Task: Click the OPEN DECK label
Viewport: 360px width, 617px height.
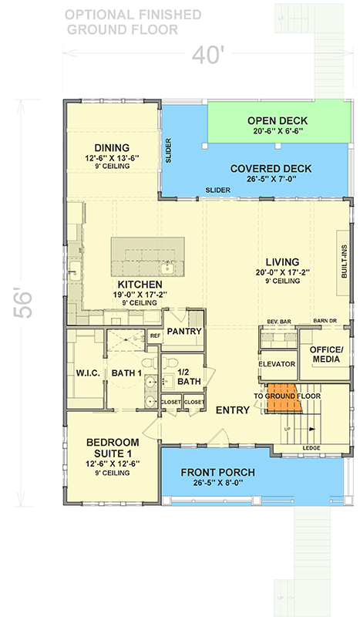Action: point(278,121)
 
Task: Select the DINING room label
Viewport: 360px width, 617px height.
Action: point(111,148)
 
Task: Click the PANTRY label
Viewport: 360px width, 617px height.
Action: point(184,332)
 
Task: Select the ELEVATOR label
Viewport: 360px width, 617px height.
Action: point(278,363)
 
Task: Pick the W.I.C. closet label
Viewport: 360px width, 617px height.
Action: point(83,374)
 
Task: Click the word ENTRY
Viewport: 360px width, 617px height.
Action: point(233,410)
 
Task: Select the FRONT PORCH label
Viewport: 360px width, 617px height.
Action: point(217,473)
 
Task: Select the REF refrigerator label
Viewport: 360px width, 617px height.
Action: point(154,335)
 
